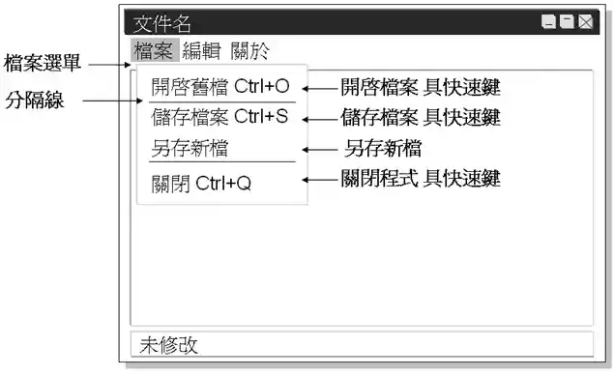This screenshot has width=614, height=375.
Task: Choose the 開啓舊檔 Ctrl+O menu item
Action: pos(220,86)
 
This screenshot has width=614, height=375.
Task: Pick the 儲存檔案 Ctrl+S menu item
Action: pos(220,118)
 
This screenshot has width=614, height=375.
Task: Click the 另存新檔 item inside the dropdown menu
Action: pos(196,149)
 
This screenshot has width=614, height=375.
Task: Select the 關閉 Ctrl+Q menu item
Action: pos(201,182)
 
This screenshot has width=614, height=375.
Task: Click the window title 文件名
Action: pos(161,23)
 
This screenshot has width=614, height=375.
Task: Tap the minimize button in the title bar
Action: pos(548,22)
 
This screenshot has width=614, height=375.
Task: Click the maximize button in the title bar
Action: pos(567,22)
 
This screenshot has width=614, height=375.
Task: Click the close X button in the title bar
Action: pos(585,22)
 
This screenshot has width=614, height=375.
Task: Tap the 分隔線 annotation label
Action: pos(35,100)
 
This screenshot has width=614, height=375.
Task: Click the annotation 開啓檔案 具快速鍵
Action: pos(420,87)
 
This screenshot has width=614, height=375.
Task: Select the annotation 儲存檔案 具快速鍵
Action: pos(420,118)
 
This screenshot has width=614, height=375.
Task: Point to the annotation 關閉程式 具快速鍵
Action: pos(420,179)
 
